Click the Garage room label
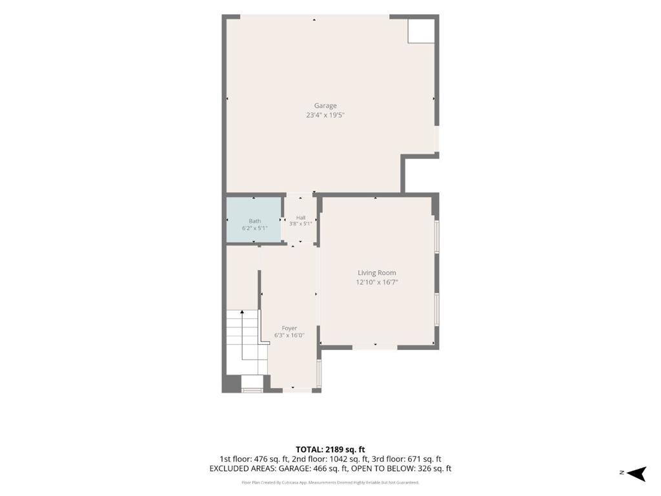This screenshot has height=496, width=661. coord(325,105)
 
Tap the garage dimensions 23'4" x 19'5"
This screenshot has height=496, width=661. coord(325,115)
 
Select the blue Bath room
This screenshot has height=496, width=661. coord(254,220)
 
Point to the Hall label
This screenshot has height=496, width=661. coord(301,218)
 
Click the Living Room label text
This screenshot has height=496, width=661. coord(377,273)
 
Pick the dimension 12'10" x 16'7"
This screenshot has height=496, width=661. coord(377,282)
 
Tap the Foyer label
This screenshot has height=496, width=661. coord(289,328)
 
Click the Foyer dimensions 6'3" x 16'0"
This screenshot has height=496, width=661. coord(289,336)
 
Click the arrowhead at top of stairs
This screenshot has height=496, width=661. coord(242,312)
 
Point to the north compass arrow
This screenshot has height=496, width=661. coord(636,473)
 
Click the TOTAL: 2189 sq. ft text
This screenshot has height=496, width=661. coord(330,449)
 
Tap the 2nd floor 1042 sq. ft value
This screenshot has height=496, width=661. coord(336,459)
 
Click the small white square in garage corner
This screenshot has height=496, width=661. coord(421,30)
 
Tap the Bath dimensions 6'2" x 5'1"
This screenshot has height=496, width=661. coord(254,228)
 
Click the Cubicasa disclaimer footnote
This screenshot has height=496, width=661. coord(330,482)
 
